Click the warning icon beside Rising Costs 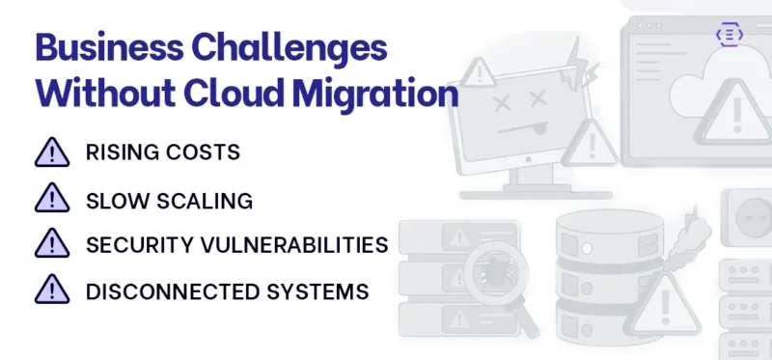point(52,152)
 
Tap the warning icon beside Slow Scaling point(52,199)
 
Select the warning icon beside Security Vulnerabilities point(52,244)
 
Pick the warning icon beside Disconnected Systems point(52,290)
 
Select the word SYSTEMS point(320,291)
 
